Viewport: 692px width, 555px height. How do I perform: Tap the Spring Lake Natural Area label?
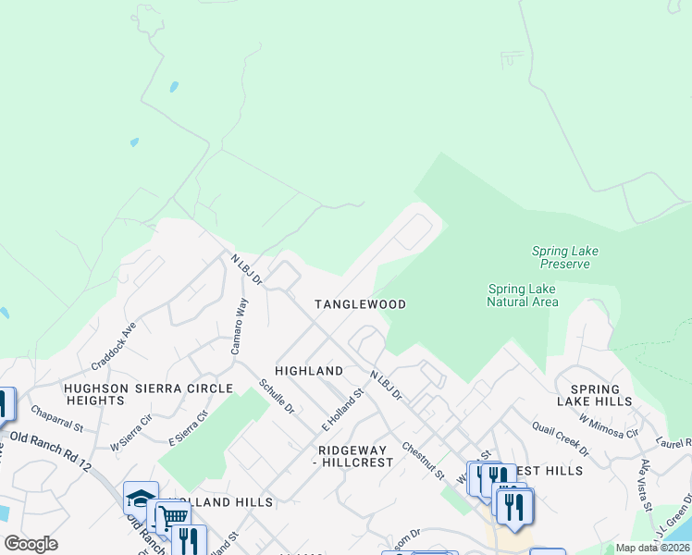523,295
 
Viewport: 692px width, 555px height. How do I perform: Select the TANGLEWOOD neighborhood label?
360,304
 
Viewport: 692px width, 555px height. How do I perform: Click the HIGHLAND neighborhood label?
309,371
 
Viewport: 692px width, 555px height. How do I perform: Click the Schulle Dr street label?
277,396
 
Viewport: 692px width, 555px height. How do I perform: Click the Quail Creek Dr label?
560,439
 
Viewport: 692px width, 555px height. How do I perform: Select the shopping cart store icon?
172,516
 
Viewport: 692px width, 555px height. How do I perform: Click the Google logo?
31,544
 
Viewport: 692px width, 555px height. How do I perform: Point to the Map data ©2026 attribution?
652,548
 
